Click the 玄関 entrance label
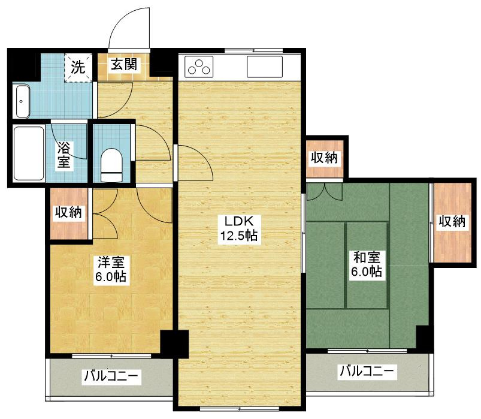click(x=124, y=65)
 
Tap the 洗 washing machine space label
click(x=78, y=67)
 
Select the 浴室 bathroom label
click(x=63, y=155)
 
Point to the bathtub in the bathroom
click(x=29, y=153)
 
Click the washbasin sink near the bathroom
click(x=22, y=101)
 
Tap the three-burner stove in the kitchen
click(x=199, y=67)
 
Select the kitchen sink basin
click(x=265, y=67)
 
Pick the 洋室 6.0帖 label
click(x=111, y=270)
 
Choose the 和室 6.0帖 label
click(x=367, y=264)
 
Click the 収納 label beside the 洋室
click(x=68, y=212)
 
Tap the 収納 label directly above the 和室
click(x=324, y=158)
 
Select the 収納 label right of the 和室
click(x=452, y=221)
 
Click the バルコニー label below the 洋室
click(x=111, y=376)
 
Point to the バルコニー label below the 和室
click(x=367, y=371)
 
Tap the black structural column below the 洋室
click(x=174, y=344)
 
